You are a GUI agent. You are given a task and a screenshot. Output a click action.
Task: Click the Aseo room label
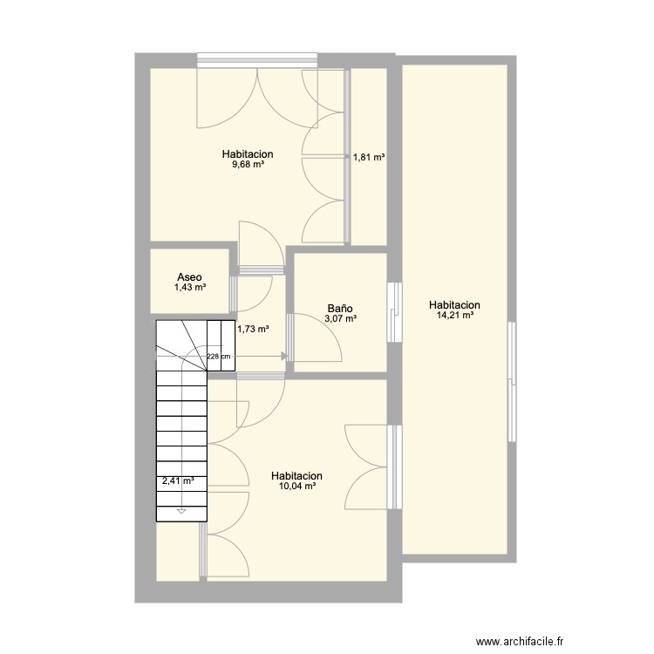pyautogui.click(x=189, y=277)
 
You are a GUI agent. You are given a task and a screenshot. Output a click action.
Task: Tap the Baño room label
pyautogui.click(x=340, y=309)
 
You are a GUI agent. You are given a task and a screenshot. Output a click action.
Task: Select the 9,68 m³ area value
pyautogui.click(x=248, y=164)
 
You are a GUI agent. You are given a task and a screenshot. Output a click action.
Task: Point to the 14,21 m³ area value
pyautogui.click(x=454, y=316)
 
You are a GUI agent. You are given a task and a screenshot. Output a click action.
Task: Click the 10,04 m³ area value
pyautogui.click(x=296, y=486)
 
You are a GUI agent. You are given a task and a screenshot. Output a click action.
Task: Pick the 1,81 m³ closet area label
pyautogui.click(x=369, y=157)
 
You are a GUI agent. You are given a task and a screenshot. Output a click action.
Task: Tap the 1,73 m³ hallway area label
pyautogui.click(x=253, y=329)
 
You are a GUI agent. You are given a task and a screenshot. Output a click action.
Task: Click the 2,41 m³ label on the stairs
pyautogui.click(x=178, y=480)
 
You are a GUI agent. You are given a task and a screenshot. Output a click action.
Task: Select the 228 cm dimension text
pyautogui.click(x=219, y=357)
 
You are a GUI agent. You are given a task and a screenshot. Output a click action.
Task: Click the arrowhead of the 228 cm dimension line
pyautogui.click(x=284, y=356)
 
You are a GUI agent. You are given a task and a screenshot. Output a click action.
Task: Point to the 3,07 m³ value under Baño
pyautogui.click(x=340, y=318)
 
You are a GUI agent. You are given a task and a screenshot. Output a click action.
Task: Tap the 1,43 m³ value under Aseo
pyautogui.click(x=190, y=287)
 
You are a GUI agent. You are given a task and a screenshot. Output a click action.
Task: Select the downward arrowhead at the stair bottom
pyautogui.click(x=181, y=511)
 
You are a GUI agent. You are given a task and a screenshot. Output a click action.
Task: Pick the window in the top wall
pyautogui.click(x=257, y=60)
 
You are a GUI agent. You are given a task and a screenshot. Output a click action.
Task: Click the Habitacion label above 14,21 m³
pyautogui.click(x=454, y=305)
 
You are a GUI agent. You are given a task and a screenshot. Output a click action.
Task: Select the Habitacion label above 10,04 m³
pyautogui.click(x=296, y=475)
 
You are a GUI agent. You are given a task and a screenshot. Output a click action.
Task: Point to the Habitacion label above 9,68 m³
pyautogui.click(x=248, y=153)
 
